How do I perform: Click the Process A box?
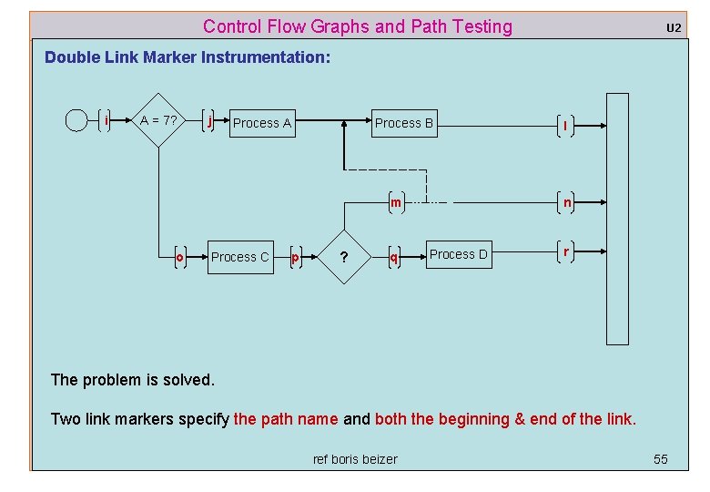(x=261, y=123)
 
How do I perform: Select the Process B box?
(x=404, y=123)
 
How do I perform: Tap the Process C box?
(x=239, y=257)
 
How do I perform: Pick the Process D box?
(x=458, y=254)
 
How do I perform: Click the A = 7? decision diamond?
(x=159, y=120)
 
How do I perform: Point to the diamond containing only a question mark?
(x=344, y=257)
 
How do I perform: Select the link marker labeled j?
(x=210, y=120)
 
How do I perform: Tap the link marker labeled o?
(x=180, y=257)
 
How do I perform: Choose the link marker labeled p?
(x=295, y=257)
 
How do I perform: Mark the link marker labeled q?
(x=393, y=257)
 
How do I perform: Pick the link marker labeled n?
(x=566, y=202)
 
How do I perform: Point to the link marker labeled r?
(x=566, y=251)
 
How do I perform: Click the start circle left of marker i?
(x=77, y=120)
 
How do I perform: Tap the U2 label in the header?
(x=673, y=27)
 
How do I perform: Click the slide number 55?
(x=660, y=458)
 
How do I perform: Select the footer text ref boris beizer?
(x=355, y=459)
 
